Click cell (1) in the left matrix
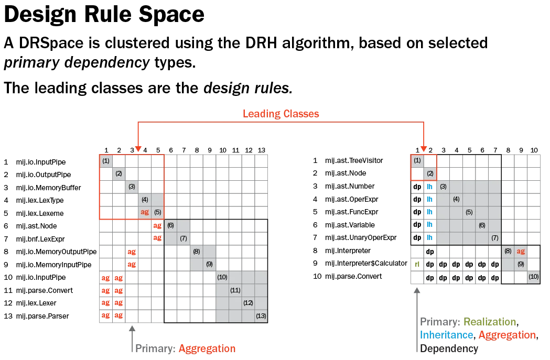(x=106, y=161)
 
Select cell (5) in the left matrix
(x=157, y=212)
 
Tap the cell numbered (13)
(x=261, y=315)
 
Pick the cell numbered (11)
(x=235, y=290)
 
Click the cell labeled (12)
(x=248, y=303)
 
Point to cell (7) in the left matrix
(x=184, y=238)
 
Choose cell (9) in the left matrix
(x=209, y=264)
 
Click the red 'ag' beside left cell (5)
(x=145, y=212)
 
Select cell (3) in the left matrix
(x=132, y=187)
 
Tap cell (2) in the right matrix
(x=430, y=173)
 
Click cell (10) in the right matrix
(x=533, y=277)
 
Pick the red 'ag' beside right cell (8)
(x=521, y=251)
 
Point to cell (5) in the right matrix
(x=469, y=212)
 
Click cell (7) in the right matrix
(x=494, y=238)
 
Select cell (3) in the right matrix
(x=443, y=187)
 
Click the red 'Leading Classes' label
(x=282, y=114)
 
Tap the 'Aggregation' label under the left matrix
(x=207, y=348)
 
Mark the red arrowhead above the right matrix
(x=424, y=148)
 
